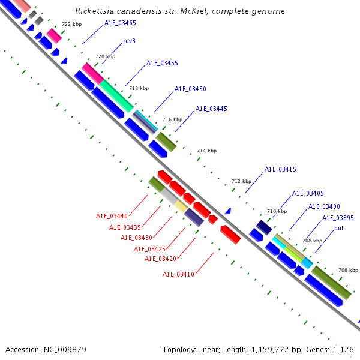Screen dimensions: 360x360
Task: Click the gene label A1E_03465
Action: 120,23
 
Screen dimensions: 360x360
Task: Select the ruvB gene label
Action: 129,41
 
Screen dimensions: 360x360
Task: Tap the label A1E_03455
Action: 162,63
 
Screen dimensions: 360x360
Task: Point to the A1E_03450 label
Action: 190,89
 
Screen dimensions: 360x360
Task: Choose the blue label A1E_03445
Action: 211,109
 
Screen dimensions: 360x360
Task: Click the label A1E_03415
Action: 280,169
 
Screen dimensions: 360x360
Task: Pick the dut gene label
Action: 339,228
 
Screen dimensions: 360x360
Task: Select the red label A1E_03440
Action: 112,216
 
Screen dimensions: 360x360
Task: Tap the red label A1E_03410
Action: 178,274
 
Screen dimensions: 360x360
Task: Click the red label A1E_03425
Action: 149,249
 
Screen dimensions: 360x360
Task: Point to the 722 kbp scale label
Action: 71,24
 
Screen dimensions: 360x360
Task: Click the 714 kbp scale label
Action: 206,151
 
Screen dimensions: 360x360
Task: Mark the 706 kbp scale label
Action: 348,270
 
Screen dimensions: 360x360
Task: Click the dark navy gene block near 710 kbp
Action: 264,227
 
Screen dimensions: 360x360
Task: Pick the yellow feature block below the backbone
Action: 181,207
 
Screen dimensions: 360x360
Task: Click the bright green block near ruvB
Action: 116,95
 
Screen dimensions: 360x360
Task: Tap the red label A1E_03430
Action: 136,237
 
